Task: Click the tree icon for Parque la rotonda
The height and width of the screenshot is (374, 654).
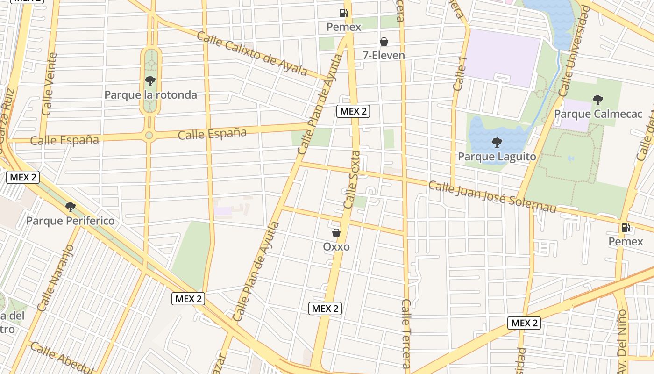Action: (150, 81)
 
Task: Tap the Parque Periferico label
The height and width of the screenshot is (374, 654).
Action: (70, 221)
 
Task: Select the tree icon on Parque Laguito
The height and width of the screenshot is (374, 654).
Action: (497, 142)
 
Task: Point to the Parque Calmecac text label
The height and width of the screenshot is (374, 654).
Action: (598, 114)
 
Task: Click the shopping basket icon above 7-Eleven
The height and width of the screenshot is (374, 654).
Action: (384, 42)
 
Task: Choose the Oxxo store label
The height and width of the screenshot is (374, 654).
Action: (336, 246)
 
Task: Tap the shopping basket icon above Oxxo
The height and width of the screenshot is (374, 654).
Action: (336, 232)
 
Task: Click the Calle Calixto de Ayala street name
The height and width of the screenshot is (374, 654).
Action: (252, 53)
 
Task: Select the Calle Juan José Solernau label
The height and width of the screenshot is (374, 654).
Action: (492, 196)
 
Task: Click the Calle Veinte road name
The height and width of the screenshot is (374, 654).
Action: (49, 84)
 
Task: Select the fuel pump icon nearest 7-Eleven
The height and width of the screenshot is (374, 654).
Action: (344, 13)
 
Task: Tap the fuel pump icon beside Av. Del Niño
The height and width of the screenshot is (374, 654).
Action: (626, 228)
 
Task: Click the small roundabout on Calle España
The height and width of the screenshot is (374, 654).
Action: (149, 135)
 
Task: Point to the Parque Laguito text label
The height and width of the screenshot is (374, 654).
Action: (497, 156)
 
